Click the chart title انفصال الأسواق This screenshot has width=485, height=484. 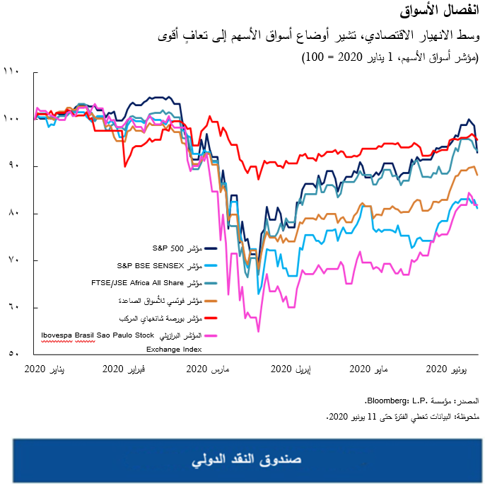pyautogui.click(x=445, y=12)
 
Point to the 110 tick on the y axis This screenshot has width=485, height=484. pyautogui.click(x=13, y=71)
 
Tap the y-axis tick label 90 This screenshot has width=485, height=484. pyautogui.click(x=13, y=166)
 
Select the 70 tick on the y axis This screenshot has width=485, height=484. pyautogui.click(x=13, y=260)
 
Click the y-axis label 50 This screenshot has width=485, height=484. pyautogui.click(x=13, y=355)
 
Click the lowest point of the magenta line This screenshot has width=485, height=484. pyautogui.click(x=258, y=331)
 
